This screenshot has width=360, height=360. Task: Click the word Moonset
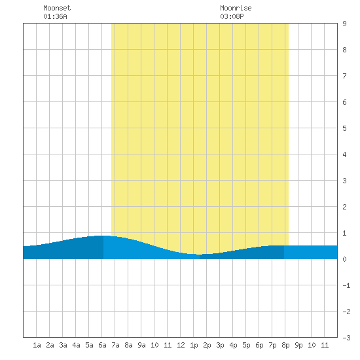57,8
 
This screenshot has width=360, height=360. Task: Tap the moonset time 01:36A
56,16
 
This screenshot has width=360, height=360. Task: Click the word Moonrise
236,8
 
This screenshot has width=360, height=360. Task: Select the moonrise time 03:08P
232,16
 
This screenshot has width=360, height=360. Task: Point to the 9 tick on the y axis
344,24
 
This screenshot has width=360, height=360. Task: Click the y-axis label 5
344,128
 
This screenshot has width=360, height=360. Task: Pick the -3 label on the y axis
346,338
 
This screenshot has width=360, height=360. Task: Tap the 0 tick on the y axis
344,259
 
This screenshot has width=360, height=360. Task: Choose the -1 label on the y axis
346,285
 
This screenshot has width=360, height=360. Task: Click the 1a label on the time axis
37,345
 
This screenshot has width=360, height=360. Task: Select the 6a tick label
102,345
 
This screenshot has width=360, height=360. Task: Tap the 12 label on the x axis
181,345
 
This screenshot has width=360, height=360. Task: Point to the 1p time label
194,345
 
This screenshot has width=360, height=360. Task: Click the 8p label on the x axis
285,345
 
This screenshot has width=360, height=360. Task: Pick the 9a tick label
141,345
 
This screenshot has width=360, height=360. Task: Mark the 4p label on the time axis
233,345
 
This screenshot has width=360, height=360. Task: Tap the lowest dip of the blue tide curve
199,255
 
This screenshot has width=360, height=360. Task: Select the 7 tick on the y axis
344,76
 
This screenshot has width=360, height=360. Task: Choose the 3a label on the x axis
63,345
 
